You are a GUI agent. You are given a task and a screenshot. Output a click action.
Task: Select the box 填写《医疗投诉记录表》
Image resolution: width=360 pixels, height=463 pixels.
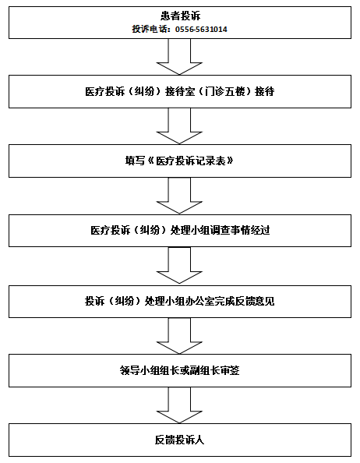click(x=179, y=161)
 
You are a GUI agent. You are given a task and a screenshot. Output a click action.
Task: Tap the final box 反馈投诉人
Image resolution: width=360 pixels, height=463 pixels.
click(x=179, y=440)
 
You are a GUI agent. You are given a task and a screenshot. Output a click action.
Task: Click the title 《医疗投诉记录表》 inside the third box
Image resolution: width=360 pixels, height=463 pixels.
click(x=190, y=161)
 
